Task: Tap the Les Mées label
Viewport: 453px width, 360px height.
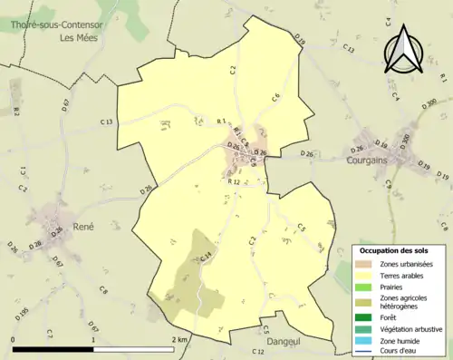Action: tap(78, 38)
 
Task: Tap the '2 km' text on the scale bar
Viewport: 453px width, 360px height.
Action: tap(178, 339)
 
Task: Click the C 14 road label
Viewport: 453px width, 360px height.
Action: tap(206, 258)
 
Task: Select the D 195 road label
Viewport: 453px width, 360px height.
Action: tap(24, 314)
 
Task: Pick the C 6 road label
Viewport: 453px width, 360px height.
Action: tap(275, 97)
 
